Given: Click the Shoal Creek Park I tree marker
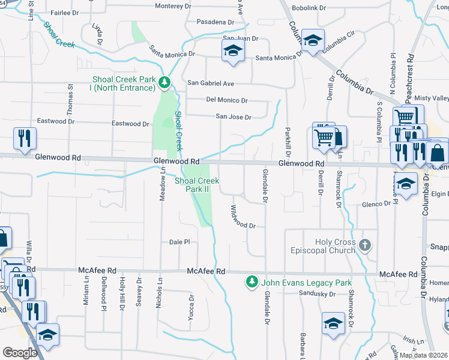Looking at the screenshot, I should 164,83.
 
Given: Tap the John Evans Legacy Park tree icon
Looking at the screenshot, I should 252,281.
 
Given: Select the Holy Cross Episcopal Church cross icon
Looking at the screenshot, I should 365,245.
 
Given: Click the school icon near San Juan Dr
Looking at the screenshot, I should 233,50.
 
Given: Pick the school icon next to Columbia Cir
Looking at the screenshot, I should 312,40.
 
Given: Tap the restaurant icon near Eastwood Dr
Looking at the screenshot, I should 25,137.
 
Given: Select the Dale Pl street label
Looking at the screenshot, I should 179,242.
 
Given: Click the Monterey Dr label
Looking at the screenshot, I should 173,6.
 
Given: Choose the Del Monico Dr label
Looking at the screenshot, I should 227,100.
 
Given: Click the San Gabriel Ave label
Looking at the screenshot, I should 211,83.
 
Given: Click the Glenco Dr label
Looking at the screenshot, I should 376,204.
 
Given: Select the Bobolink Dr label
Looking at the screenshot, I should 309,8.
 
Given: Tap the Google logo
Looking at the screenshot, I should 20,353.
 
